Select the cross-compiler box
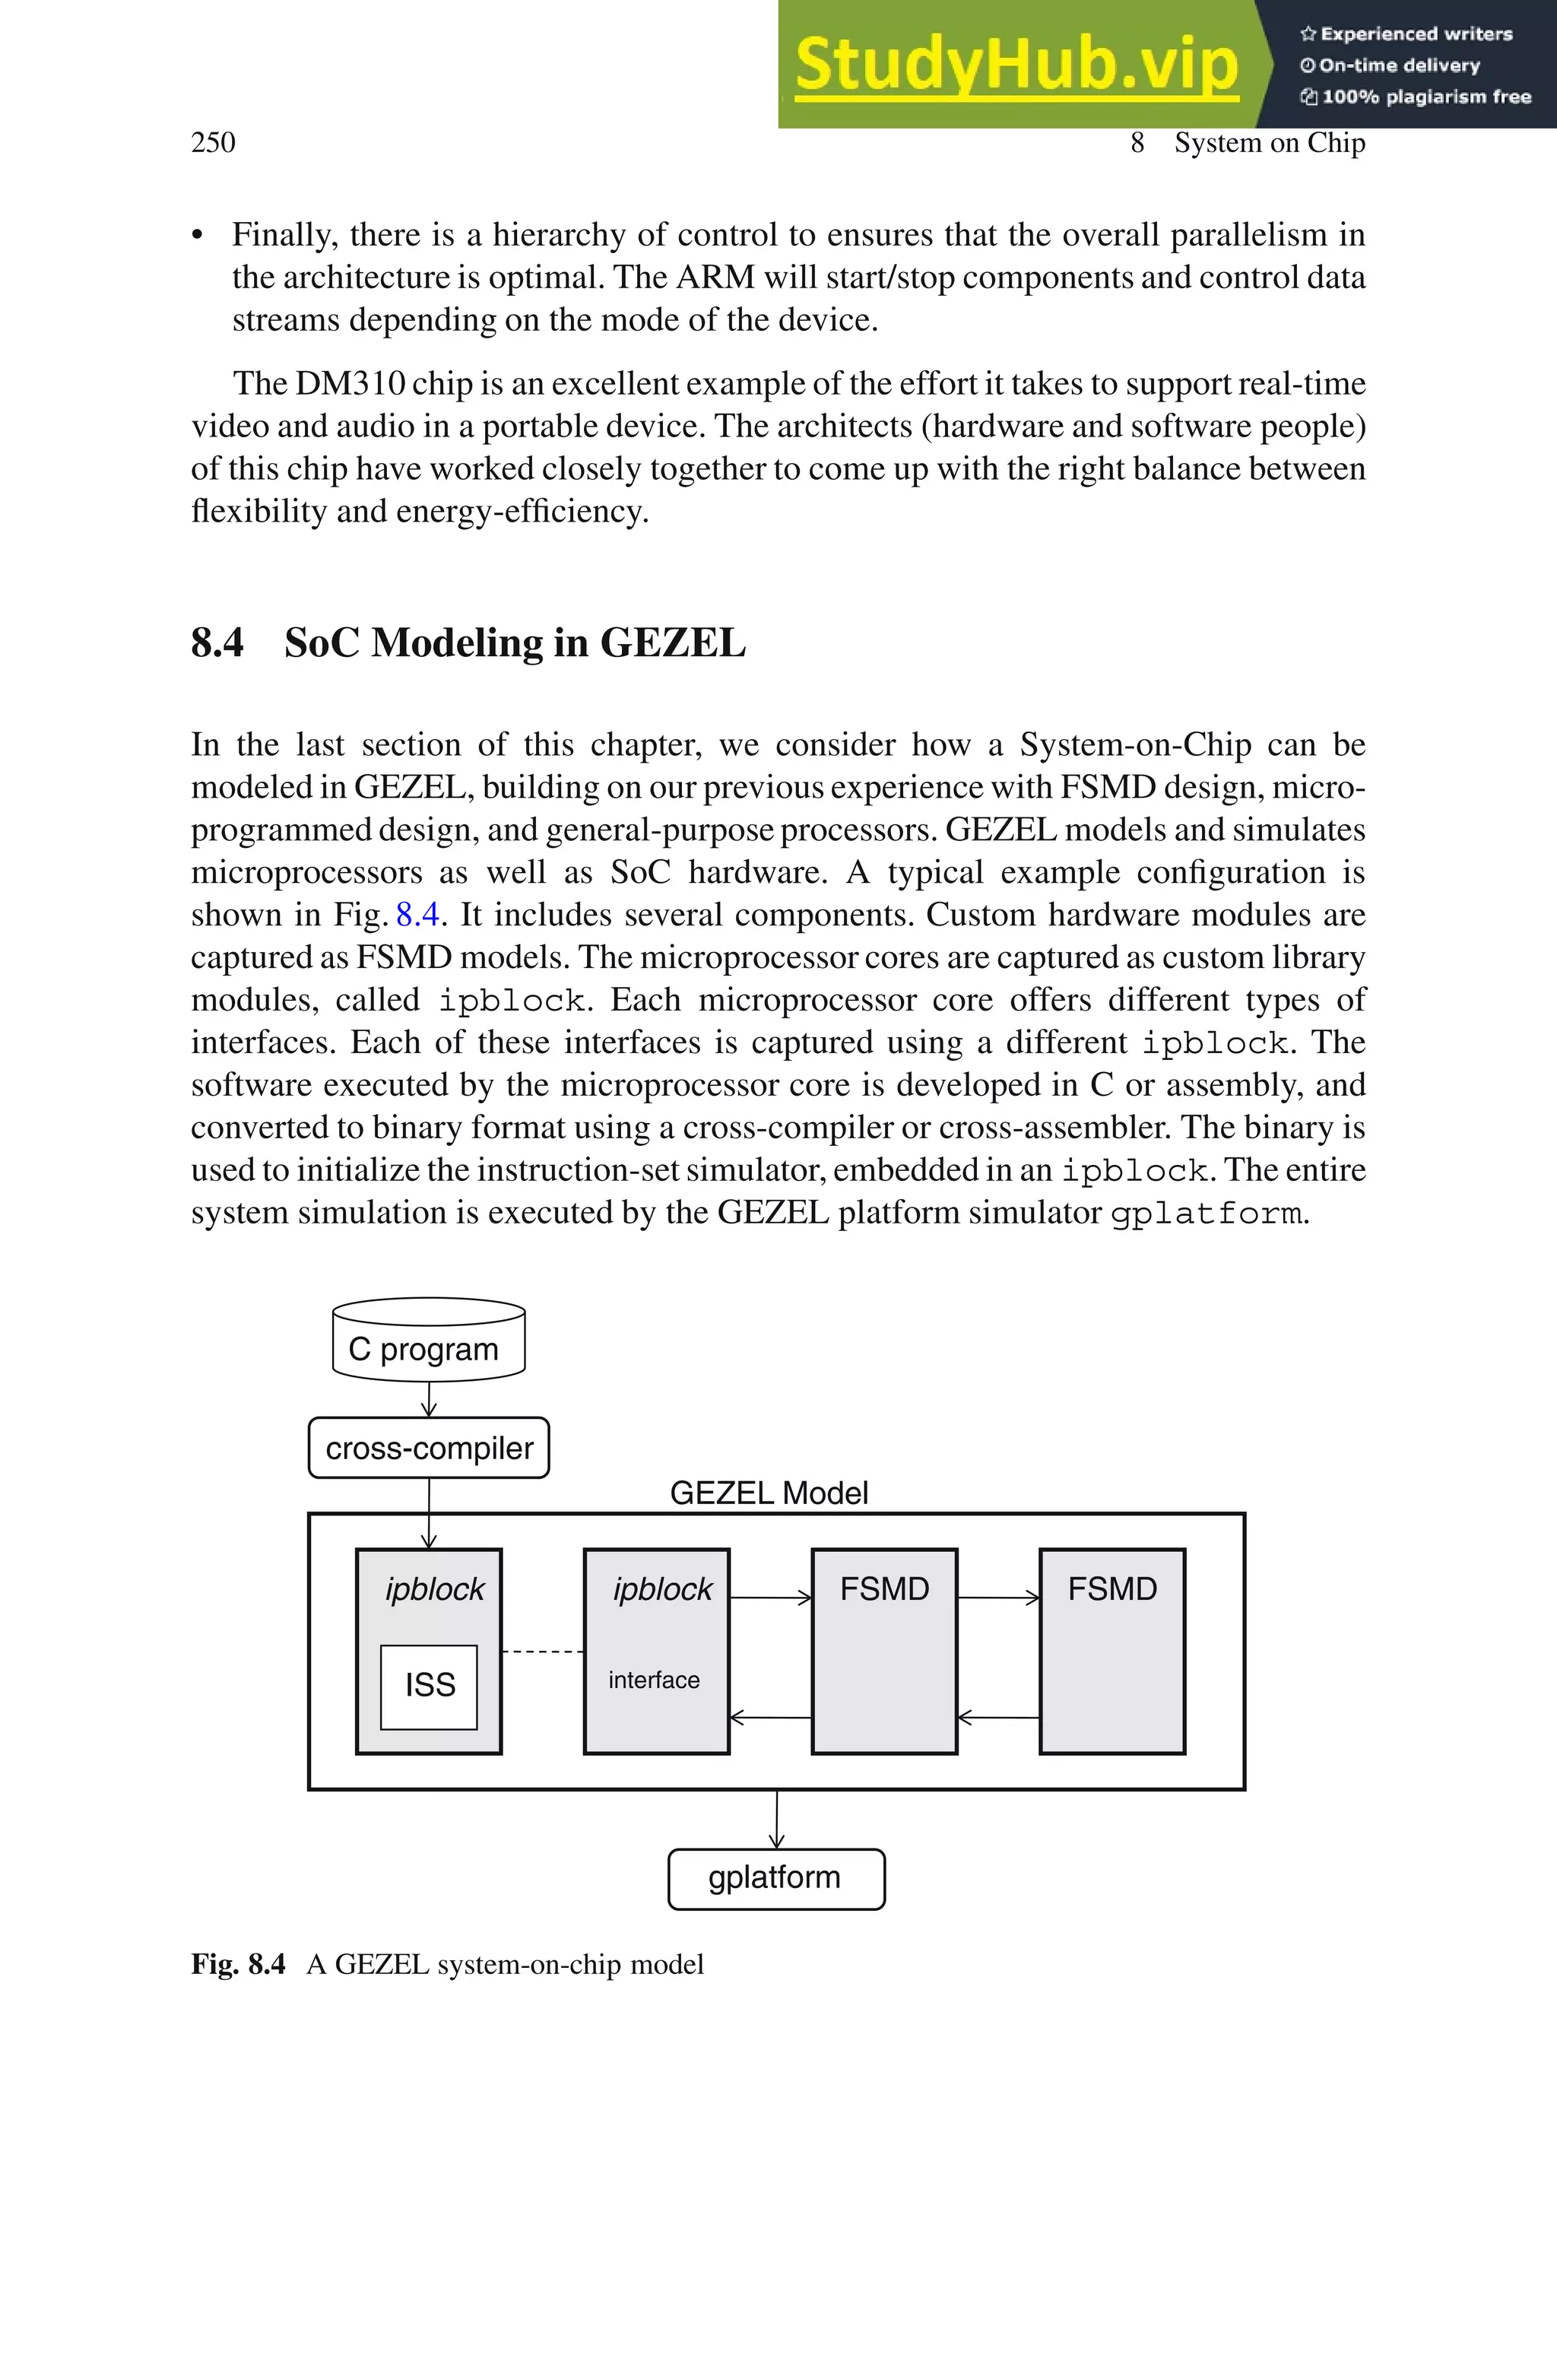coord(428,1448)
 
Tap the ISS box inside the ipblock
coord(429,1685)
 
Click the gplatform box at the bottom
coord(775,1877)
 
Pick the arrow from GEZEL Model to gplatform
coord(776,1819)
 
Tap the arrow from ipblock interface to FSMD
coord(771,1598)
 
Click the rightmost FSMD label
coord(1112,1588)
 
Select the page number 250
coord(213,142)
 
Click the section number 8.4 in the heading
coord(217,643)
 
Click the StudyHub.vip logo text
coord(1016,65)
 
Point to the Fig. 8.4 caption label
coord(238,1964)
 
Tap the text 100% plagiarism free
coord(1417,97)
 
